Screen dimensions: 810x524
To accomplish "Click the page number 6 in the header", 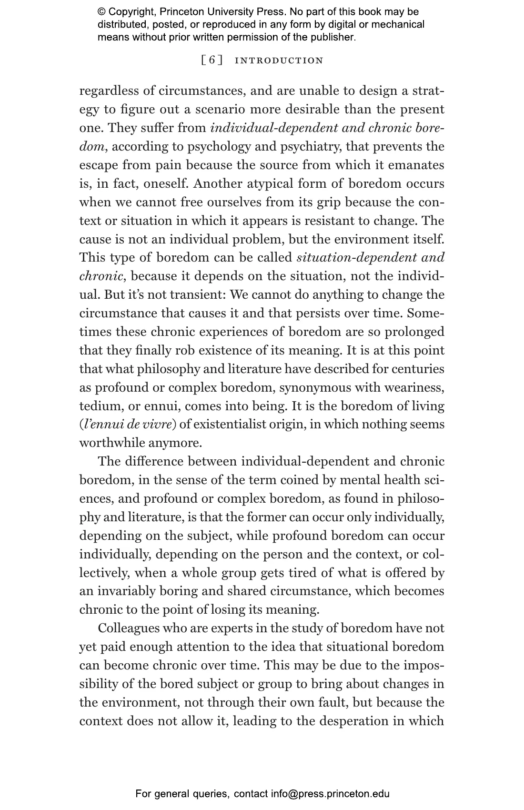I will pyautogui.click(x=212, y=61).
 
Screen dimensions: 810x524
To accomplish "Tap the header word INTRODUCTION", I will pyautogui.click(x=279, y=61).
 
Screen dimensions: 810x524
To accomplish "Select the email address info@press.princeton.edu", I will pyautogui.click(x=330, y=794).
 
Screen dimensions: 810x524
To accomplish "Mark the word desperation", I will pyautogui.click(x=353, y=720).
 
